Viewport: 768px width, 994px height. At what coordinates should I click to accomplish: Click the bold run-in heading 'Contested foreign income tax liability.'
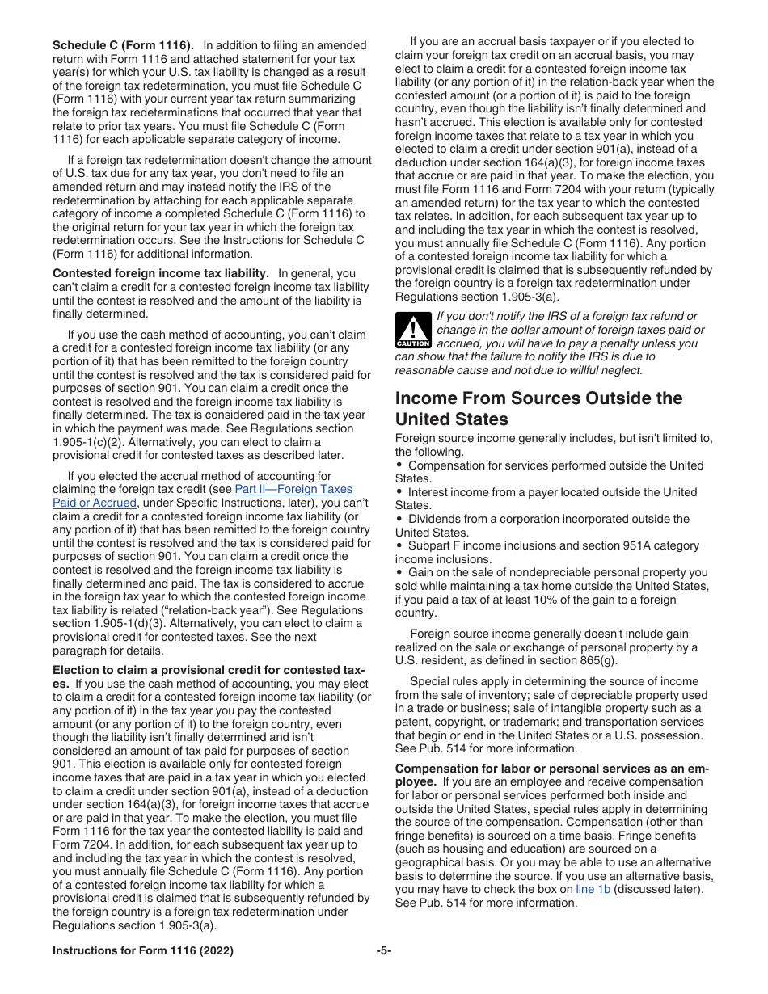161,273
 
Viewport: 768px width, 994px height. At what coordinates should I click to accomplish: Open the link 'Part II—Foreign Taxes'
293,489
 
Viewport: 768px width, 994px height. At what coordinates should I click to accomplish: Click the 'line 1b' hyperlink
593,889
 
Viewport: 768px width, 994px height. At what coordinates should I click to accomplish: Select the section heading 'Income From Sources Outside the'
538,398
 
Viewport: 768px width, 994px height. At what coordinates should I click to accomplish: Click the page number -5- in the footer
384,951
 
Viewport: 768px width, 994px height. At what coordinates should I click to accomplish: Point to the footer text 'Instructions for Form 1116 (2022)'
143,951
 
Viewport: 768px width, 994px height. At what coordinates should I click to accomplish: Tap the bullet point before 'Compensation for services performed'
399,465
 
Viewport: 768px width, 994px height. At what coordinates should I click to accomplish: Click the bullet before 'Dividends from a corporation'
399,519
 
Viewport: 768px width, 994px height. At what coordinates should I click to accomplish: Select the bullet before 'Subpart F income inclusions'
399,545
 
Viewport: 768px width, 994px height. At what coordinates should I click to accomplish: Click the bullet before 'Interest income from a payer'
399,492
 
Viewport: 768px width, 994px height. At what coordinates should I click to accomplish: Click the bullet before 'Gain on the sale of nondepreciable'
399,572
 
